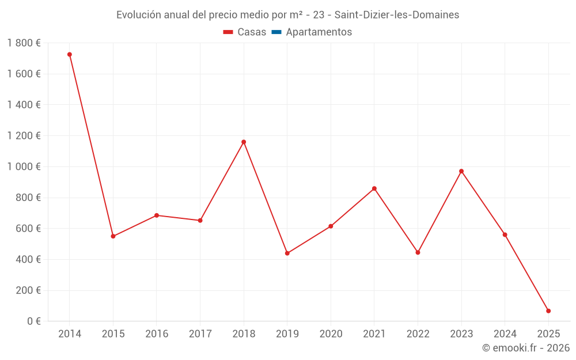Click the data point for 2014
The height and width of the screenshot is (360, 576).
pyautogui.click(x=70, y=54)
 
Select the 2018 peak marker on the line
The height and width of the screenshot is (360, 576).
pyautogui.click(x=244, y=142)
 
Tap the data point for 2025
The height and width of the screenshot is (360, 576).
pyautogui.click(x=548, y=311)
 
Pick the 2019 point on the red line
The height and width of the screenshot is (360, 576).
pyautogui.click(x=287, y=253)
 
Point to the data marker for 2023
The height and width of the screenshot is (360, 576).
pyautogui.click(x=461, y=171)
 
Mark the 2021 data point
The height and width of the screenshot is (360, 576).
pyautogui.click(x=374, y=188)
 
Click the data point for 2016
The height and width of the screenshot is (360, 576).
pyautogui.click(x=157, y=215)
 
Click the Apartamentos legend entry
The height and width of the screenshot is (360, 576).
pyautogui.click(x=319, y=32)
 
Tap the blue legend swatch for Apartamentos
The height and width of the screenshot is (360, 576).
pyautogui.click(x=276, y=32)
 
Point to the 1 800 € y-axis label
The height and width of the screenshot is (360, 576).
pyautogui.click(x=24, y=43)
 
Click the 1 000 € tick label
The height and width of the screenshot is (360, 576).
pyautogui.click(x=24, y=166)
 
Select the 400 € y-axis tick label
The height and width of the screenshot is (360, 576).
pyautogui.click(x=27, y=259)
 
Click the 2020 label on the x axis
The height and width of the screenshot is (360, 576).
pyautogui.click(x=331, y=334)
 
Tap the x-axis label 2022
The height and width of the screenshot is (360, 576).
pyautogui.click(x=418, y=334)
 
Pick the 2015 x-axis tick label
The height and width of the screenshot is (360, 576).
pyautogui.click(x=113, y=334)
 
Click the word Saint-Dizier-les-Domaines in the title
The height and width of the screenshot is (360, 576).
pyautogui.click(x=397, y=15)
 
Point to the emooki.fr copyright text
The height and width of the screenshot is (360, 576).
pyautogui.click(x=526, y=348)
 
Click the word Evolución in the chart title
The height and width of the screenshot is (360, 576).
pyautogui.click(x=138, y=15)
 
